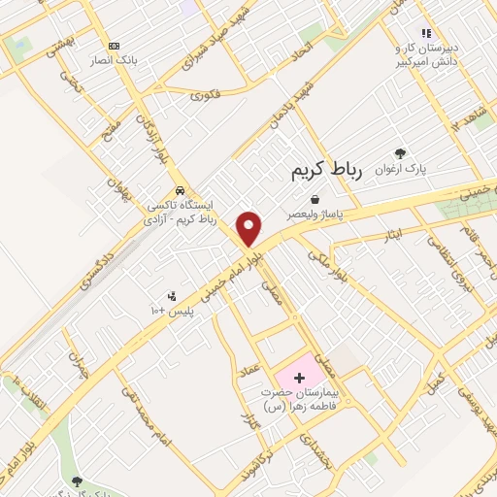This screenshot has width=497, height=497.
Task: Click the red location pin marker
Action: coord(249,228)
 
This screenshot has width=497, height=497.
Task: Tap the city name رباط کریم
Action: coord(325,171)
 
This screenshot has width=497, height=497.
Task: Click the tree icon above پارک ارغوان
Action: coord(400,153)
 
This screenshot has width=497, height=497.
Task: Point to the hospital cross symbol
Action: coord(298,375)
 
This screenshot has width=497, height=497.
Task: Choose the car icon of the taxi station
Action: coord(180,190)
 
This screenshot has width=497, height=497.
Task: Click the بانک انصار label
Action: coord(115,60)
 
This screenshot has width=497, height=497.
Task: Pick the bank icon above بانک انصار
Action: coord(115,46)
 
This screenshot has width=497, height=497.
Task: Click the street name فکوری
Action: coord(207,95)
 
